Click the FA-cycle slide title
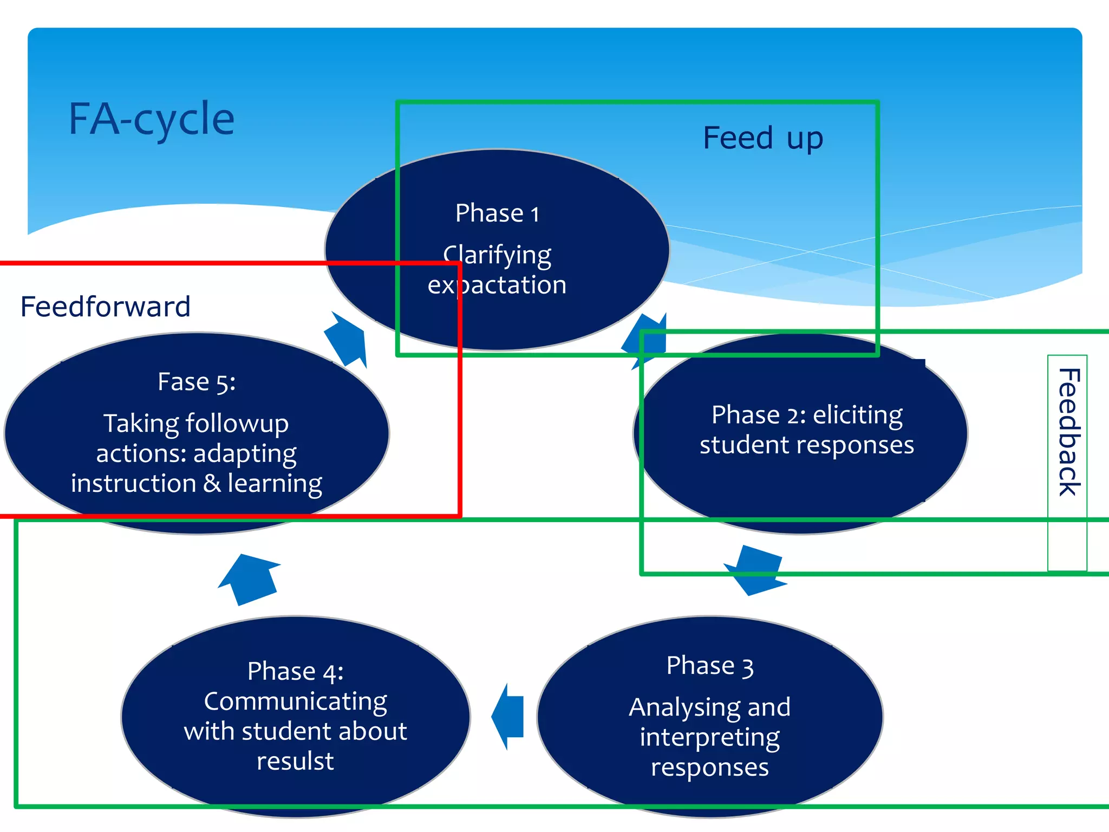[152, 119]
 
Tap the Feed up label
[762, 138]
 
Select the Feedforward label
[106, 307]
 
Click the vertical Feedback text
[1068, 432]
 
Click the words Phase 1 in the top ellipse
[497, 213]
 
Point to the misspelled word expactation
[497, 285]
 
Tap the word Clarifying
[497, 255]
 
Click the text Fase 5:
[197, 382]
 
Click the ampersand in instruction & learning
[212, 483]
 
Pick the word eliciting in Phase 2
[858, 415]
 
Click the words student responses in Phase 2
[807, 445]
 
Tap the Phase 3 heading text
[709, 666]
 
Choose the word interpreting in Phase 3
[709, 738]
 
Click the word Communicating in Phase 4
[296, 701]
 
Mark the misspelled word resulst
[296, 761]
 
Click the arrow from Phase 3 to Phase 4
[509, 716]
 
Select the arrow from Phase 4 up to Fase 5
[250, 578]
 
